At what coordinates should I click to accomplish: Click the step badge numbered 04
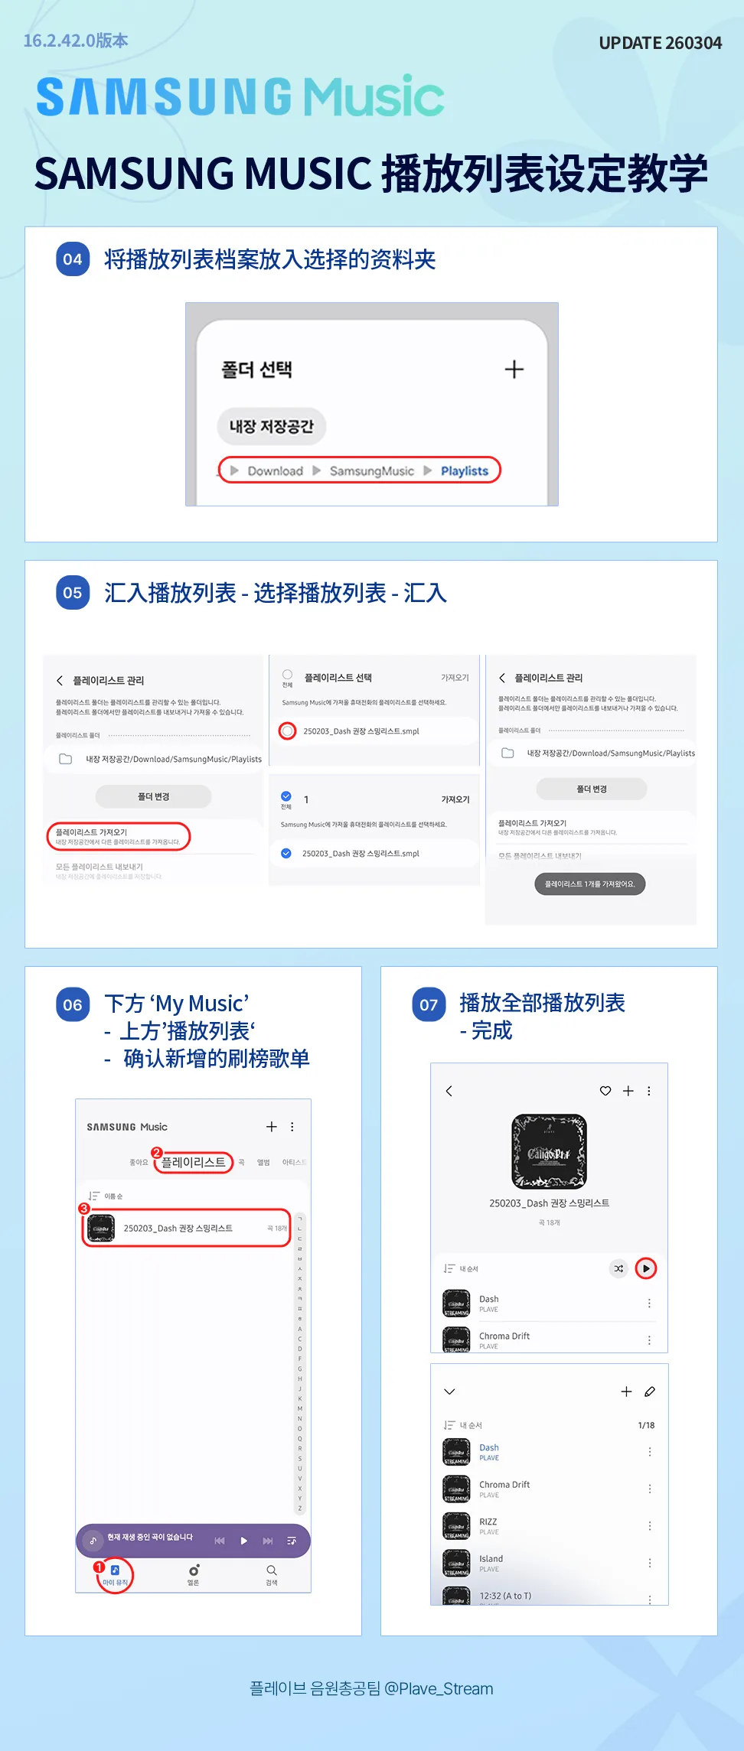(73, 259)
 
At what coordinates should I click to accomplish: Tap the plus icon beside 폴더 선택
(514, 369)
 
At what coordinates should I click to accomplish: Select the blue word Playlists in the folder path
(464, 471)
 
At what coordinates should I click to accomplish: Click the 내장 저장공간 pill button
(272, 426)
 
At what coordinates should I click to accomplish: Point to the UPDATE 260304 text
(660, 43)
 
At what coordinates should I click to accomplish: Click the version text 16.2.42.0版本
(76, 41)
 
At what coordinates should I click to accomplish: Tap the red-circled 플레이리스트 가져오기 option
(118, 836)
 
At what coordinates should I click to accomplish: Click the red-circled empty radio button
(287, 731)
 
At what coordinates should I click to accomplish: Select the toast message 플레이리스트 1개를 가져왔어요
(589, 884)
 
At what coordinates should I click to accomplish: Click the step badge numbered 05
(73, 593)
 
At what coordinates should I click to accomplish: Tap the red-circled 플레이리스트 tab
(194, 1162)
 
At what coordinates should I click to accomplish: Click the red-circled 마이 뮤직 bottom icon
(115, 1575)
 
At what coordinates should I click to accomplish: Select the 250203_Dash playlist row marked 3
(186, 1228)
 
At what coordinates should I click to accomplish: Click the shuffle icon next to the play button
(618, 1268)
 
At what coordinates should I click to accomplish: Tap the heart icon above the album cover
(605, 1091)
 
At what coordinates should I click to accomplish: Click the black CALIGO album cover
(549, 1151)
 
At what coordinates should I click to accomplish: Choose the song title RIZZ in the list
(488, 1522)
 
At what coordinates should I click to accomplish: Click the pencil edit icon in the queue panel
(650, 1391)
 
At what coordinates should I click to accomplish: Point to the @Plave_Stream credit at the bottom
(439, 1688)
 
